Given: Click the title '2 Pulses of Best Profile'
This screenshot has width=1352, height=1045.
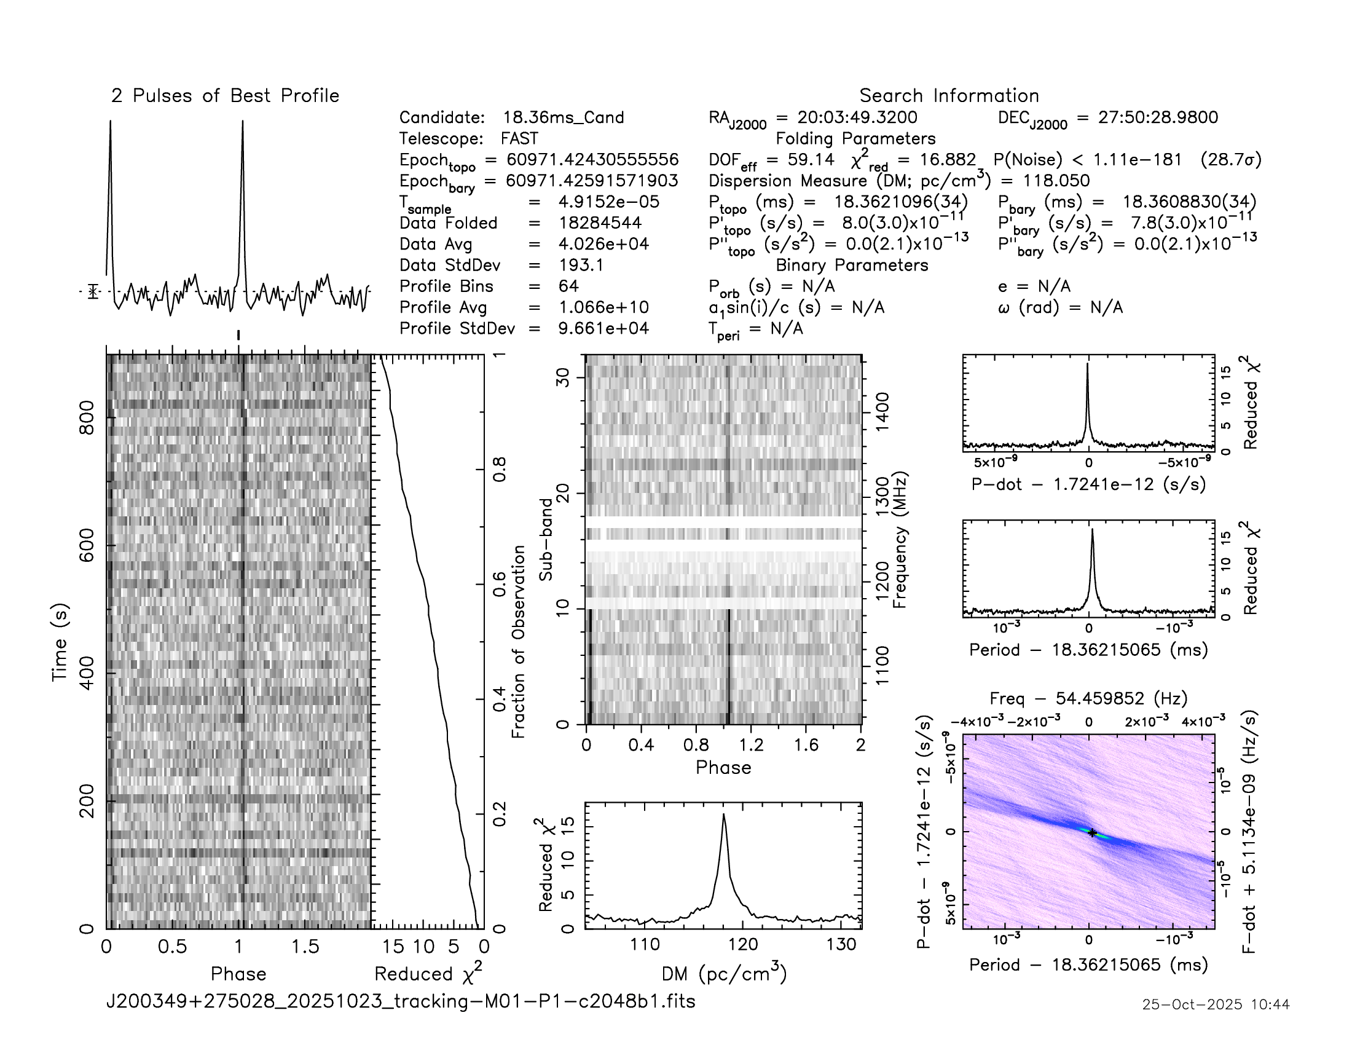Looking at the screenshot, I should [225, 96].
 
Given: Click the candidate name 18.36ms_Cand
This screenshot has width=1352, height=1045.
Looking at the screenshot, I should [563, 117].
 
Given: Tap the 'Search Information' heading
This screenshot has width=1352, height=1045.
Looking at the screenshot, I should [948, 96].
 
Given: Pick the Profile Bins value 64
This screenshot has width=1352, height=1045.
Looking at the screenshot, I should [568, 286].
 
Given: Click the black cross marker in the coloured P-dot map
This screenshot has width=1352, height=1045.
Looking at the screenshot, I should [1093, 833].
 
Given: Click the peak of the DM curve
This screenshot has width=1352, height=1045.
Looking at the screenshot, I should [724, 814].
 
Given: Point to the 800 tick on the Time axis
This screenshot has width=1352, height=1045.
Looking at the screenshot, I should [87, 418].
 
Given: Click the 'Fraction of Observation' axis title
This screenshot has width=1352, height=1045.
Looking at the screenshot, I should [518, 641].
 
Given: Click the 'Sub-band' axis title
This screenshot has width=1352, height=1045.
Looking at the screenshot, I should [545, 539].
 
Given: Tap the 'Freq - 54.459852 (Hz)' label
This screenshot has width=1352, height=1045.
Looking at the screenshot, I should [1088, 698].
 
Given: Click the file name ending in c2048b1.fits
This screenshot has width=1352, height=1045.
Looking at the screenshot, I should [401, 1001].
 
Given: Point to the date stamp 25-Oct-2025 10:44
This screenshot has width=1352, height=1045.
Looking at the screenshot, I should [1216, 1004].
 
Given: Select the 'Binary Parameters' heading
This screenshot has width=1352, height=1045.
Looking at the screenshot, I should [852, 265].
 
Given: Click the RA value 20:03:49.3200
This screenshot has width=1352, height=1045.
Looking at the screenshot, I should [857, 117].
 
